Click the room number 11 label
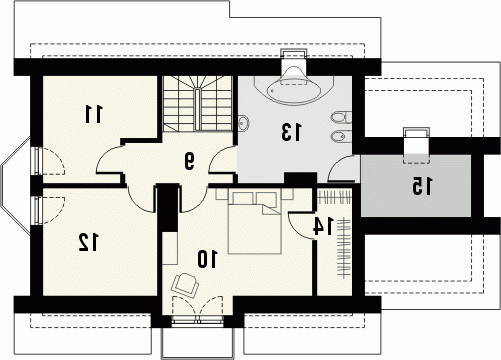[93, 114]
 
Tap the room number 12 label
[88, 242]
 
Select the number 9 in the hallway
[189, 161]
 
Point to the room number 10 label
[207, 259]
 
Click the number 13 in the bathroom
[291, 132]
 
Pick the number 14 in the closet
[323, 226]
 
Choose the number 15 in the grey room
[422, 186]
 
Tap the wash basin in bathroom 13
[243, 123]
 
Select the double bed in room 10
[255, 223]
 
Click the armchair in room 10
[185, 285]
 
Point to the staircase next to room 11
[197, 103]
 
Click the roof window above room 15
[416, 145]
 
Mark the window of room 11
[37, 161]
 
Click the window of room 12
[37, 210]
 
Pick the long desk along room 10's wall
[170, 249]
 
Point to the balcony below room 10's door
[198, 342]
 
